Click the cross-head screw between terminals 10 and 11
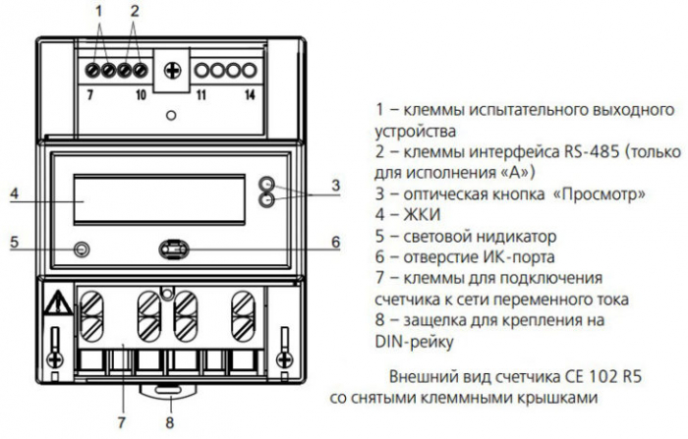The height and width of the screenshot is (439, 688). point(172,71)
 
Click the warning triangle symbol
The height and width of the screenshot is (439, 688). point(60,302)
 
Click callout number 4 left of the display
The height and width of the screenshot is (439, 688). point(15,193)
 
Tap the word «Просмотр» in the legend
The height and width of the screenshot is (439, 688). point(600,194)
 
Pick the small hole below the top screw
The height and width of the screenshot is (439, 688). point(171,116)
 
